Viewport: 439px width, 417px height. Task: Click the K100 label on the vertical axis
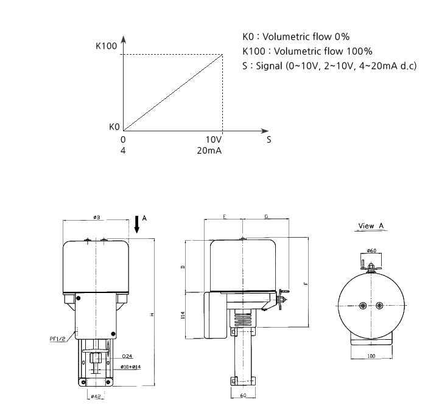click(x=106, y=46)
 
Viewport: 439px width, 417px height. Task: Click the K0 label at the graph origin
click(x=114, y=127)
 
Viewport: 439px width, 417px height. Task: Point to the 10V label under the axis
click(x=214, y=139)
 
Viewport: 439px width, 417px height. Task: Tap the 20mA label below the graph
click(x=210, y=150)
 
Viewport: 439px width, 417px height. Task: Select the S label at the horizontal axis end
click(x=269, y=140)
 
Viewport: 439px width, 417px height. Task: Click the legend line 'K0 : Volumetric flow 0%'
click(x=295, y=36)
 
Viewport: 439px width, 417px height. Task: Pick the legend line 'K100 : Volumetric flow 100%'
click(x=307, y=51)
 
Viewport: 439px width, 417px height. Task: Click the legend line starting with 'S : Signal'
click(x=329, y=66)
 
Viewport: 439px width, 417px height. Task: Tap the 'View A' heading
click(x=371, y=226)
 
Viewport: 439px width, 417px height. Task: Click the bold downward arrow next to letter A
click(x=136, y=224)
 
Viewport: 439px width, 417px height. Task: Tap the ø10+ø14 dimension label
click(x=131, y=367)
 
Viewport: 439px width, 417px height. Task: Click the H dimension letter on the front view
click(x=152, y=313)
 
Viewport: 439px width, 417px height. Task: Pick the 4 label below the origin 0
click(x=123, y=150)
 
